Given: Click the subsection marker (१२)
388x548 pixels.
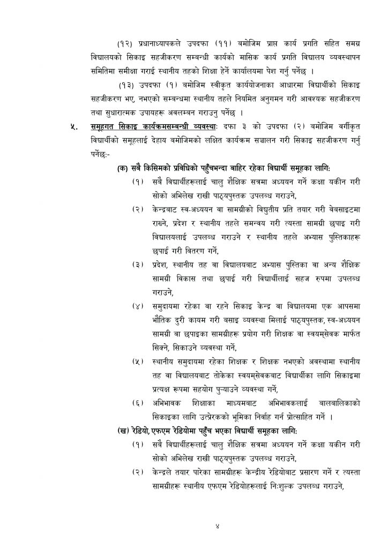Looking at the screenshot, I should pyautogui.click(x=126, y=41).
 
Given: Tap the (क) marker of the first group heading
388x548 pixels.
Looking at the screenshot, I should pyautogui.click(x=123, y=168).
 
